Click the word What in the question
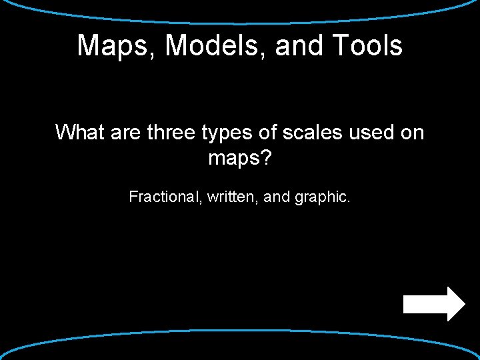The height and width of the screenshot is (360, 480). (80, 132)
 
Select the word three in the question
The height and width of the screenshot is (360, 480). (169, 132)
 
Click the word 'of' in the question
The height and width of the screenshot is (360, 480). (268, 132)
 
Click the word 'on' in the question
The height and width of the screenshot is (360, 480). (412, 132)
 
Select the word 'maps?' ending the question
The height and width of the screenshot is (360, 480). (240, 159)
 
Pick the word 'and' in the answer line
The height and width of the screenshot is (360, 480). (277, 197)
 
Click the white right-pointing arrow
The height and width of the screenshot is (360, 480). (434, 304)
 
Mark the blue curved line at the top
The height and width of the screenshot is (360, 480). (240, 21)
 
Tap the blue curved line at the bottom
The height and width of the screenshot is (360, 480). (240, 331)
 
